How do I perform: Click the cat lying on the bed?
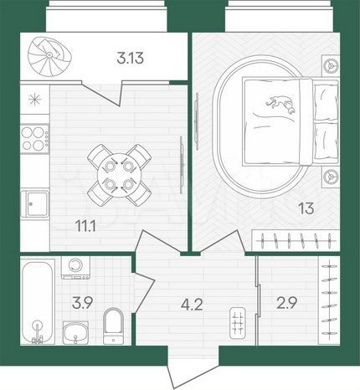pos(279,105)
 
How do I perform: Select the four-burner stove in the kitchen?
pos(35,138)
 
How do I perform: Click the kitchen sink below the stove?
pos(35,203)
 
